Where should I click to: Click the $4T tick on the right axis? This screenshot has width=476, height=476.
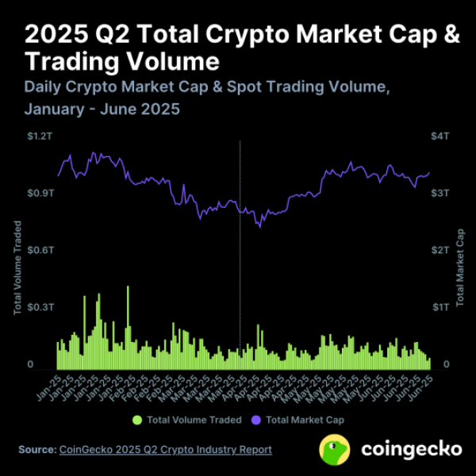441,136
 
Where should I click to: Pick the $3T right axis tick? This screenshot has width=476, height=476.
441,193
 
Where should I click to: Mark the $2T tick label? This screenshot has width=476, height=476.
441,250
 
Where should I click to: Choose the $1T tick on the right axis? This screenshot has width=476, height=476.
441,307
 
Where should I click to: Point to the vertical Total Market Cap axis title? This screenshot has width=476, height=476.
460,268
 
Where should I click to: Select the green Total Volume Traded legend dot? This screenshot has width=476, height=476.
137,419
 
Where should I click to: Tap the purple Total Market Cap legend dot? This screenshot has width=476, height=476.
255,419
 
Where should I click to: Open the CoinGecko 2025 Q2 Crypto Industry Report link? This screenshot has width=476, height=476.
165,450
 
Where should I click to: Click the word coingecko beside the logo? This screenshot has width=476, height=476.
411,450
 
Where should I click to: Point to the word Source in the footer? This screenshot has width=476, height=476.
36,450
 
